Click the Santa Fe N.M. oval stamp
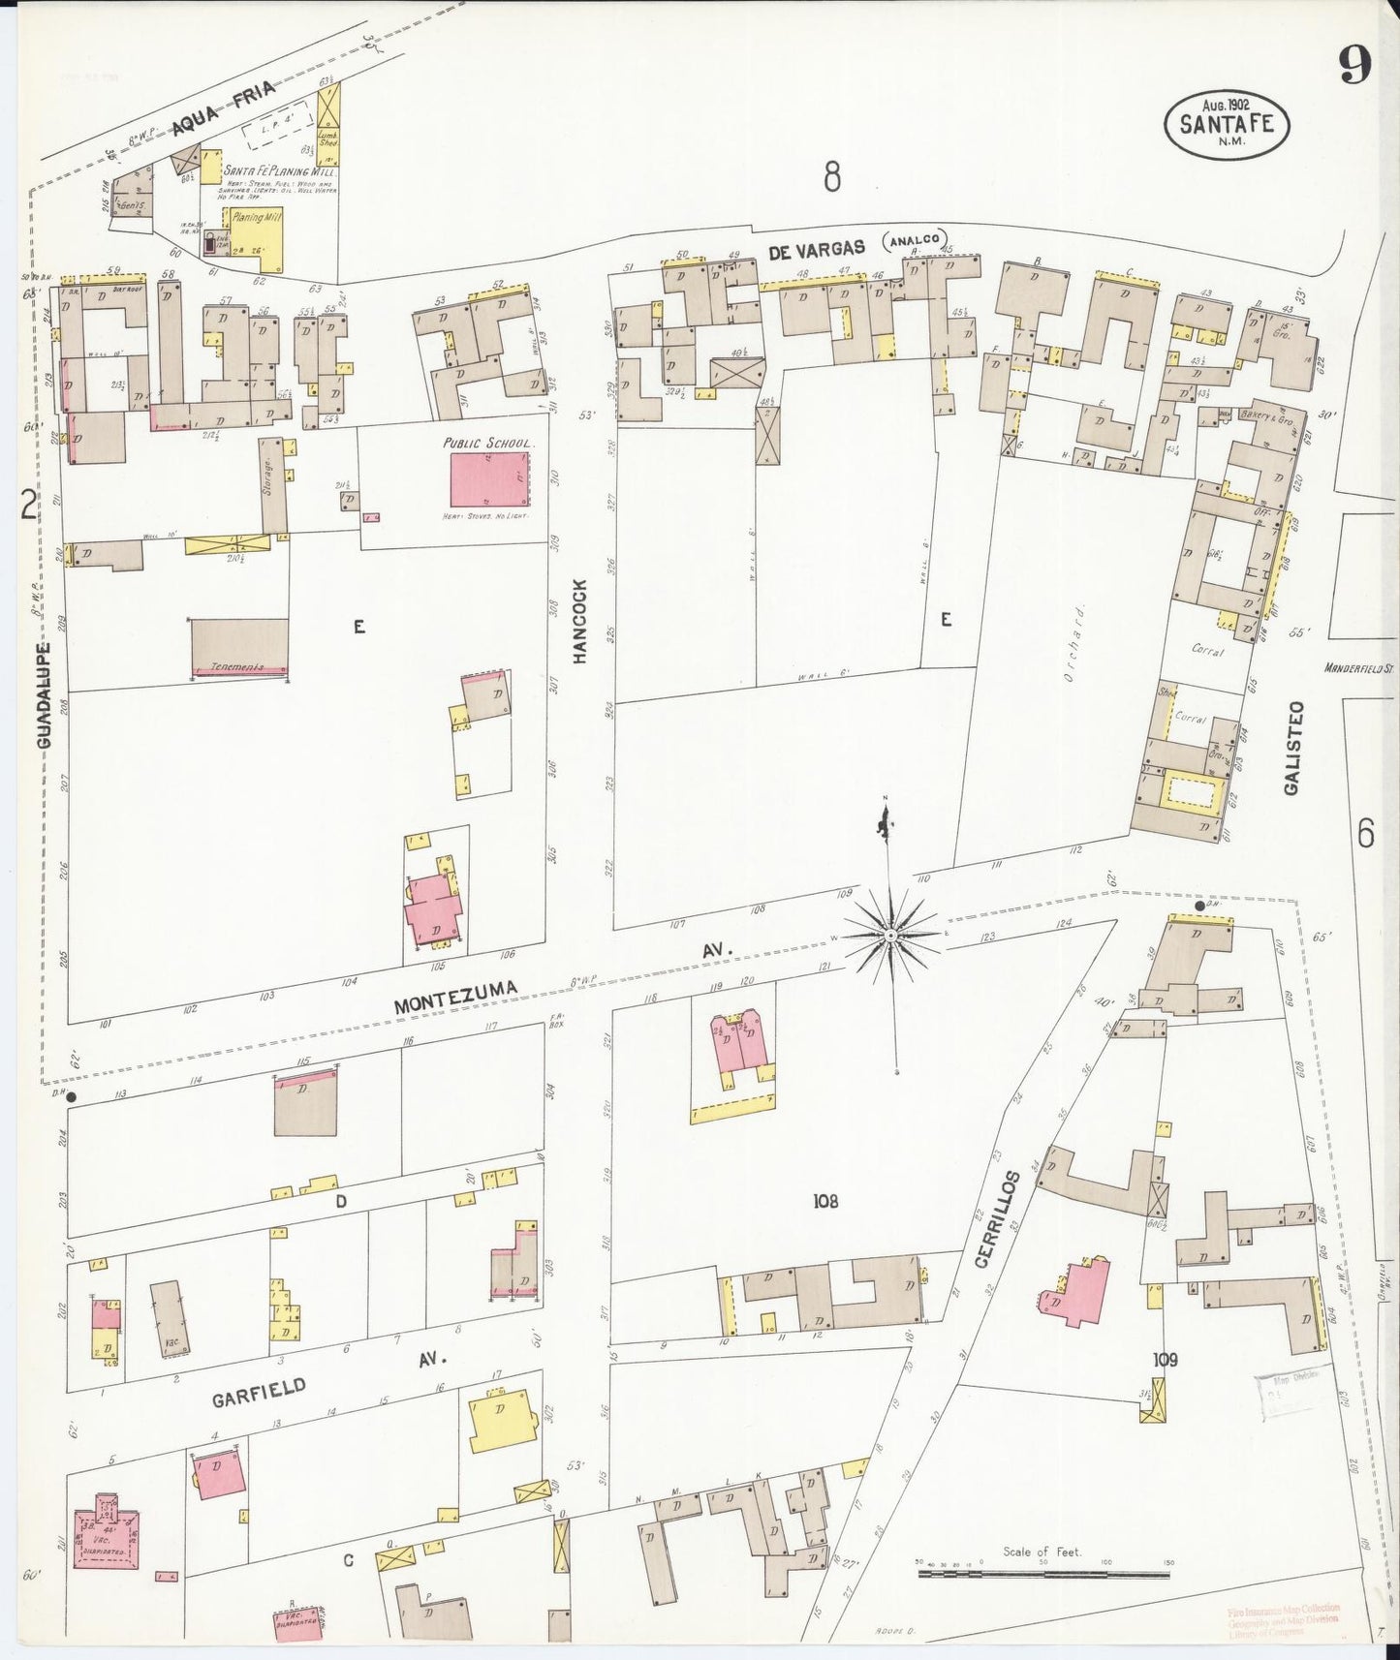1227,123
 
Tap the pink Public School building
490,478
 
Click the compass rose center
889,936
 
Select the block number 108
825,1201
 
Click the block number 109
1166,1359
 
